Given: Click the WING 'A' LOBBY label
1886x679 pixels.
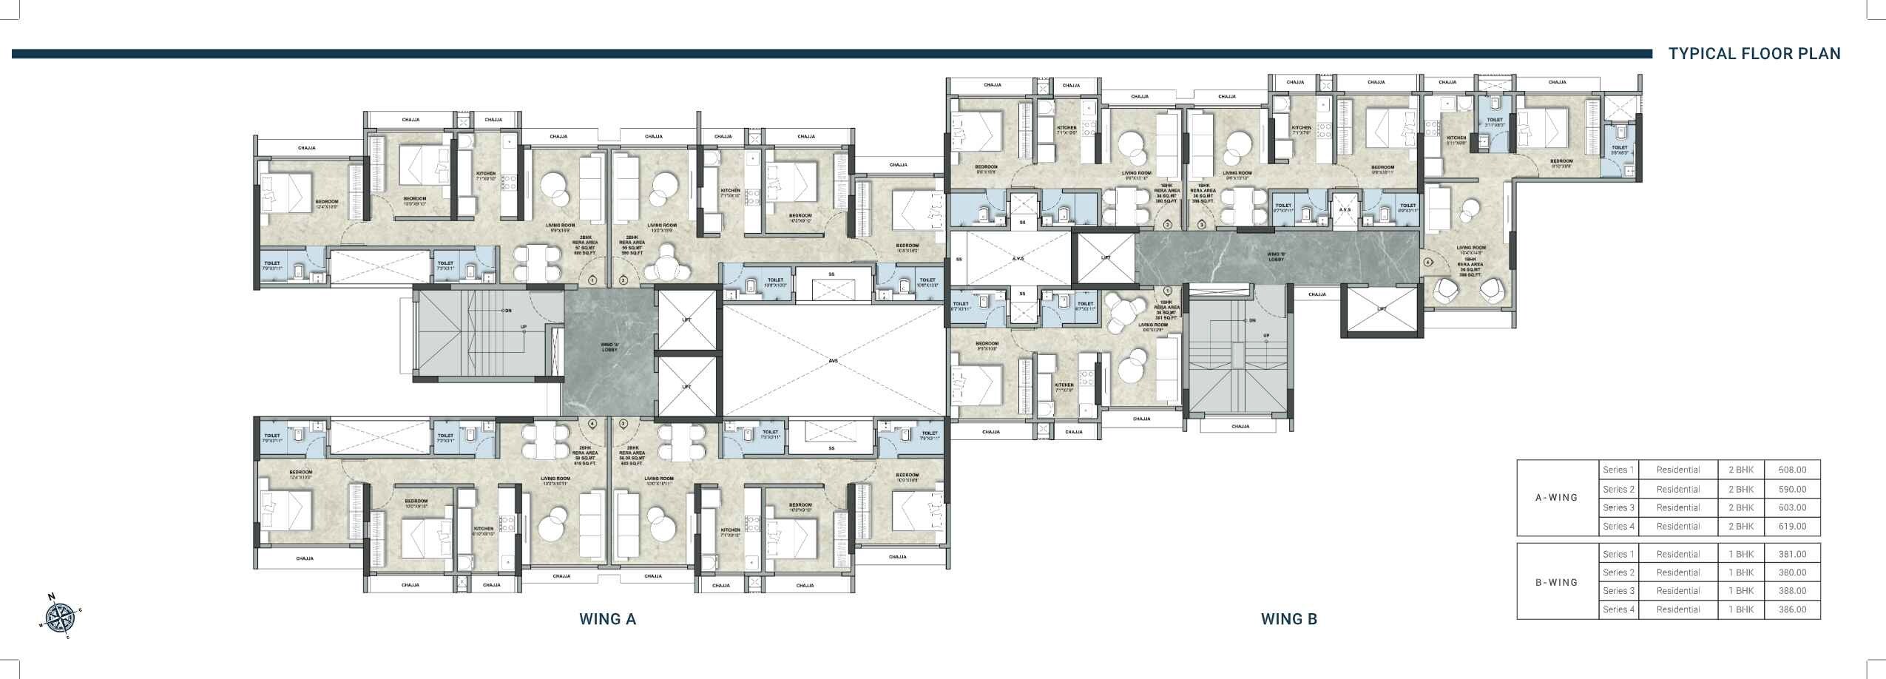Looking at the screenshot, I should (x=609, y=347).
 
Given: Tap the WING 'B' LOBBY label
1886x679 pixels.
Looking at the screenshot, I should (x=1277, y=257).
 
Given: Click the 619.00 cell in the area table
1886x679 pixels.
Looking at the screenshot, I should (x=1792, y=527).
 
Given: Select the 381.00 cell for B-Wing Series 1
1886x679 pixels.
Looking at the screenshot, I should (x=1792, y=554).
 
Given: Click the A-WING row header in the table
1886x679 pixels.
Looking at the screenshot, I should (x=1556, y=498).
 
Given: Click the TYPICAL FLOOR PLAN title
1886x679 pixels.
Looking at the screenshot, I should (x=1754, y=54).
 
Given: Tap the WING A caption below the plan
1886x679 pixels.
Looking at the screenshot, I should (x=607, y=619).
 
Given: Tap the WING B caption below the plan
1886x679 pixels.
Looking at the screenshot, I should (x=1288, y=619).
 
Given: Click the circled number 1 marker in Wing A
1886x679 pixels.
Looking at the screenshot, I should (x=592, y=280).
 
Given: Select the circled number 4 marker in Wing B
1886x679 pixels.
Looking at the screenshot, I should (x=1427, y=263).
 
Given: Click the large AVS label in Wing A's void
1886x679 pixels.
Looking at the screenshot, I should (x=833, y=362).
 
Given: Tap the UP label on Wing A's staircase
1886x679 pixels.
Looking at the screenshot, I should (x=524, y=327).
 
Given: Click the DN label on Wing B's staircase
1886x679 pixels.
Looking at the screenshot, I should (x=1251, y=320).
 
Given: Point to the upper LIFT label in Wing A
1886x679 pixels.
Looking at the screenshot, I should (x=687, y=320).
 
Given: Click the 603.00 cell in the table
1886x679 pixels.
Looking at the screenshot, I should (x=1792, y=507).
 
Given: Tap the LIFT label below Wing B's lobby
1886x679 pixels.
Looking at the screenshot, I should (x=1382, y=309).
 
